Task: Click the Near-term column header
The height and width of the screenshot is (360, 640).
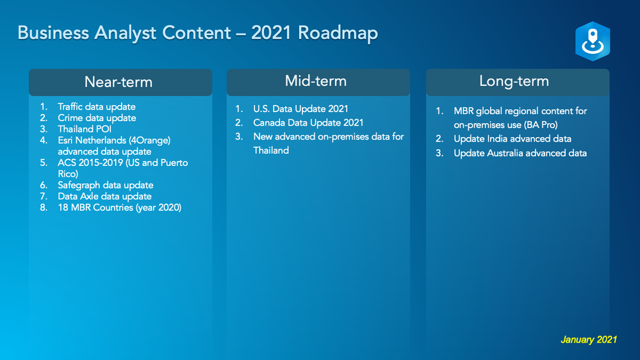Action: click(119, 82)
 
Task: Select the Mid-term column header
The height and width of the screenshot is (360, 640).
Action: click(316, 81)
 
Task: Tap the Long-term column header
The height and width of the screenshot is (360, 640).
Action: click(514, 81)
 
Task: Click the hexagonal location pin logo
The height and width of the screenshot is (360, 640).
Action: click(593, 41)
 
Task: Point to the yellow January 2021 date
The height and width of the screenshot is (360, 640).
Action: click(589, 340)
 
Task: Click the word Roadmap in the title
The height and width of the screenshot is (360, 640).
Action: click(338, 33)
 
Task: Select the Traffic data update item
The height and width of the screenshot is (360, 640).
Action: click(96, 106)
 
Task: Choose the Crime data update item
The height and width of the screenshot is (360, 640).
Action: click(97, 118)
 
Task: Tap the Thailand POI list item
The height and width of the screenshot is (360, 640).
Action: click(85, 129)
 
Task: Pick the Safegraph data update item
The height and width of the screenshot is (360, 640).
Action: click(105, 185)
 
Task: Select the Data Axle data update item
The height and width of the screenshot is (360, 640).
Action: click(104, 196)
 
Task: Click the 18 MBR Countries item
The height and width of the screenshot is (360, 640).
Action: click(120, 208)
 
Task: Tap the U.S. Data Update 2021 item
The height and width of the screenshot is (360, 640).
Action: click(301, 109)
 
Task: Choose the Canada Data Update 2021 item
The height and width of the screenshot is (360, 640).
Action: click(308, 123)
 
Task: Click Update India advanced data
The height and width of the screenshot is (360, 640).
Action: click(513, 139)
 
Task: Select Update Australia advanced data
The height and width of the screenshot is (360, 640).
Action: click(520, 153)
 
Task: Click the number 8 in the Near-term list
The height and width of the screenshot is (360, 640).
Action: click(43, 208)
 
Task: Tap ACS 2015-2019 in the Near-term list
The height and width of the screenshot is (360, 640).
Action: click(90, 163)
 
